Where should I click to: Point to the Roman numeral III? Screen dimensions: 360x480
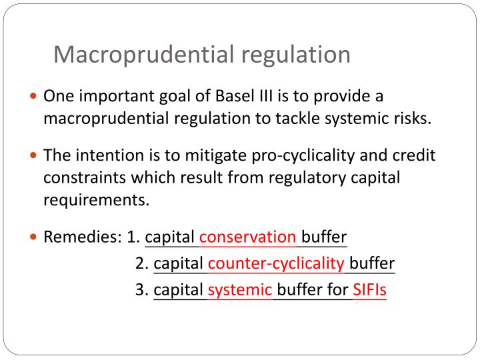(x=267, y=96)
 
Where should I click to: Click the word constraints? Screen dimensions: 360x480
(x=83, y=179)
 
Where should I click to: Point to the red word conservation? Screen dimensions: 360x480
(x=248, y=237)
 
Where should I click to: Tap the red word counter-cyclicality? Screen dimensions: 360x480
(x=276, y=263)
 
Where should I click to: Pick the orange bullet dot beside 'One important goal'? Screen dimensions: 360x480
(x=35, y=97)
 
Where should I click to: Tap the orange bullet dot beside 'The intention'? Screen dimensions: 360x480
(x=35, y=156)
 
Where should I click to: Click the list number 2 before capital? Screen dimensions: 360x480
(x=141, y=263)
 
